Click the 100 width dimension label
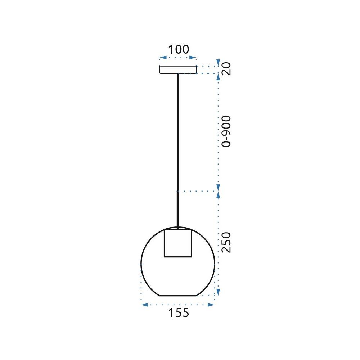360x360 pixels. tap(179, 49)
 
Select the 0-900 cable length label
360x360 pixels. tap(225, 131)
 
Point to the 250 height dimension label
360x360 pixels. tap(225, 242)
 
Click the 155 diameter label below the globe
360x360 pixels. tap(179, 313)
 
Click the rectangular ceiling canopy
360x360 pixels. tap(178, 69)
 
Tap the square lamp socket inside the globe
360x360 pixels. tap(178, 243)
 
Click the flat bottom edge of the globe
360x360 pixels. tap(178, 296)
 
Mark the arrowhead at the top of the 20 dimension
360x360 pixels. tap(218, 62)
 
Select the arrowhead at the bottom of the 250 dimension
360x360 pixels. tap(218, 292)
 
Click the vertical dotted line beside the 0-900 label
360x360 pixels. tap(218, 131)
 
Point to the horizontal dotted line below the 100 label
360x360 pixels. tap(178, 58)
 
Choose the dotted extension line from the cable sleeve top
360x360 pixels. tap(198, 191)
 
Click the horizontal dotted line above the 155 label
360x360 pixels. tap(178, 305)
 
